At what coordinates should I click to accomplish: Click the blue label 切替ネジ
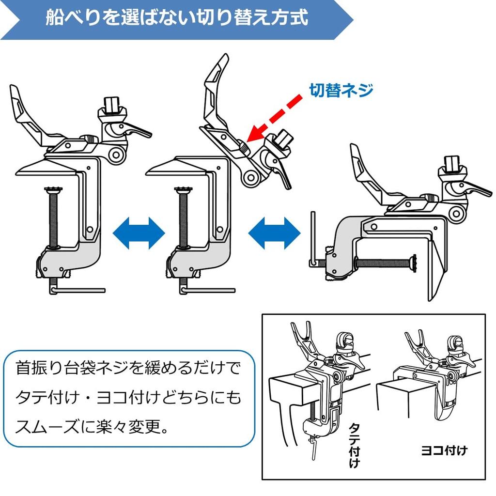[x=341, y=91]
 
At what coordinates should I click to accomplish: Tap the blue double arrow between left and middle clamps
[x=139, y=233]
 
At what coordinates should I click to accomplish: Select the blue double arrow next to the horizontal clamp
[x=274, y=233]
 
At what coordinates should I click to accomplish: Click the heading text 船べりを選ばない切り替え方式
[x=177, y=17]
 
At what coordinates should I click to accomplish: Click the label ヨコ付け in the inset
[x=444, y=450]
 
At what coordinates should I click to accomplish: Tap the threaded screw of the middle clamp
[x=183, y=218]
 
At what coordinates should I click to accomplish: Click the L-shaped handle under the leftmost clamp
[x=77, y=290]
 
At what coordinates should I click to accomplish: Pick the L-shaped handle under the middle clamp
[x=207, y=290]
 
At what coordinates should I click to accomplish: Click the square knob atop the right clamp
[x=452, y=163]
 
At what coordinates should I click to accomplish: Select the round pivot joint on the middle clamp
[x=251, y=177]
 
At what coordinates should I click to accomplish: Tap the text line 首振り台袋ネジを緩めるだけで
[x=128, y=368]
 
